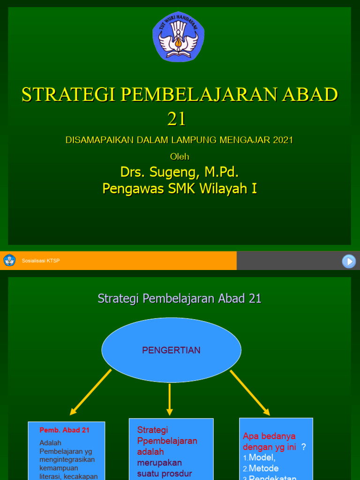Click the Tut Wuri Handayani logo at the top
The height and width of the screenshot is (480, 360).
pyautogui.click(x=178, y=37)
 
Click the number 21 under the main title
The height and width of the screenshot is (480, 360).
pyautogui.click(x=177, y=119)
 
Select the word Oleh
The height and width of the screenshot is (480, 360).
pyautogui.click(x=180, y=156)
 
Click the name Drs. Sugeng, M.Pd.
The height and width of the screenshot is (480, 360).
pyautogui.click(x=180, y=172)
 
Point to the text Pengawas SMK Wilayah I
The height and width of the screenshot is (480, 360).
pyautogui.click(x=180, y=188)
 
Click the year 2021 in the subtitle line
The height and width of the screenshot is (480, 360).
pyautogui.click(x=280, y=140)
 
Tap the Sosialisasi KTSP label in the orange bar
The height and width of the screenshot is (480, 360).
pyautogui.click(x=41, y=261)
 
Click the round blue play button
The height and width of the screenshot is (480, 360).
pyautogui.click(x=349, y=261)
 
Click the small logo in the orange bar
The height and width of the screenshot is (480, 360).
pyautogui.click(x=9, y=261)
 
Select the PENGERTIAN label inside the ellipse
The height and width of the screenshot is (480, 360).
pyautogui.click(x=171, y=350)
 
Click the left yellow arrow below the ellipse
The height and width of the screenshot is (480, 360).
pyautogui.click(x=91, y=392)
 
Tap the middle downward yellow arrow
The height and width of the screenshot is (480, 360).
pyautogui.click(x=170, y=399)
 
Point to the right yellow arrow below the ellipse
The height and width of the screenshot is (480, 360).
pyautogui.click(x=250, y=392)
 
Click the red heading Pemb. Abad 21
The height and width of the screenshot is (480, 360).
pyautogui.click(x=65, y=430)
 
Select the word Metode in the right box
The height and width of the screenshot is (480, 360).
pyautogui.click(x=263, y=468)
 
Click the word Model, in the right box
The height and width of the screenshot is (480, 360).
pyautogui.click(x=262, y=457)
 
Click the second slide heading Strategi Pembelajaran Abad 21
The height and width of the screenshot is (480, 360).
pyautogui.click(x=180, y=299)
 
